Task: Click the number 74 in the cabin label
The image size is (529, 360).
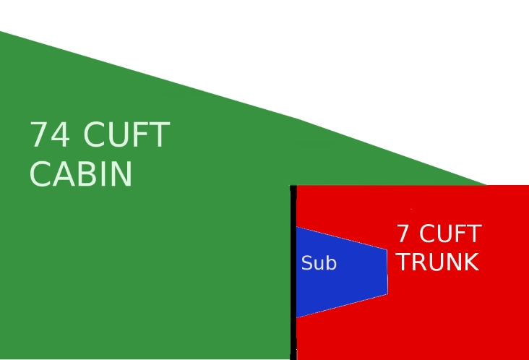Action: point(51,134)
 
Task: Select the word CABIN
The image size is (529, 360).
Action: point(81,173)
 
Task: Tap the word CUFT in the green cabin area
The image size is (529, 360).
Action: point(126,134)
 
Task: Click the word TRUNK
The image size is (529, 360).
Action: point(438,262)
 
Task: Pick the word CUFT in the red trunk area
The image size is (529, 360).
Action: point(450,233)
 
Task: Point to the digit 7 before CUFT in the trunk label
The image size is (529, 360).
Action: point(403,233)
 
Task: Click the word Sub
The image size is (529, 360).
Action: point(319,263)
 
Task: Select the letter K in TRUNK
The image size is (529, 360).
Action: point(471,262)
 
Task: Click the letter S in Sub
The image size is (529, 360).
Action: point(306,263)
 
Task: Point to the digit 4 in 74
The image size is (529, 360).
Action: point(61,134)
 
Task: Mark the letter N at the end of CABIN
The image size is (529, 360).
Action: point(122,173)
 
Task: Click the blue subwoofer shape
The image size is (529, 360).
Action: point(341,273)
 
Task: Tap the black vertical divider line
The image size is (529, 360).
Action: point(293,273)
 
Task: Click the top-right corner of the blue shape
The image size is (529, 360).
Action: point(387,249)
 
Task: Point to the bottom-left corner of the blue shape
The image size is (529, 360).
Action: point(296,317)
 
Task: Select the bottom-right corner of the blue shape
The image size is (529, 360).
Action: point(387,294)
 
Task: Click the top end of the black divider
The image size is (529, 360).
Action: point(293,185)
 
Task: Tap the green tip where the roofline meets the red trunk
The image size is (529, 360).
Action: point(486,184)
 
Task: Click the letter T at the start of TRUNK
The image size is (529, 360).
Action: point(404,262)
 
